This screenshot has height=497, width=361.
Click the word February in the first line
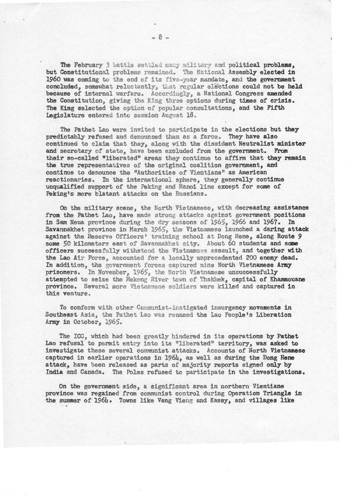point(88,66)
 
